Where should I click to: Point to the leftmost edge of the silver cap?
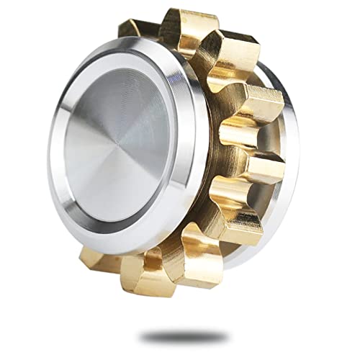(49, 144)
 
